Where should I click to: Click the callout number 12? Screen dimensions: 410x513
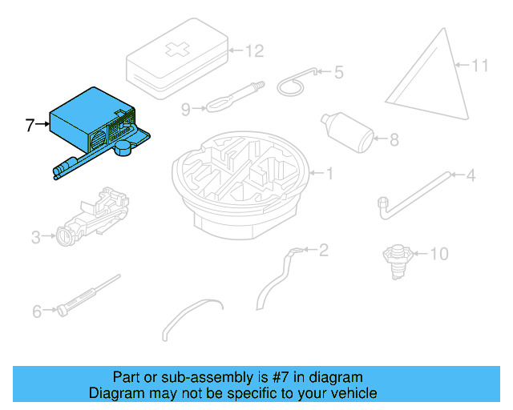click(253, 51)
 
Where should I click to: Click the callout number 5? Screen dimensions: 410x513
click(338, 73)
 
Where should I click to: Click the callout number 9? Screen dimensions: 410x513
click(186, 110)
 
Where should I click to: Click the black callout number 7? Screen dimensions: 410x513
click(30, 125)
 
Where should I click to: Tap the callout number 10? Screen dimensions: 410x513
click(440, 255)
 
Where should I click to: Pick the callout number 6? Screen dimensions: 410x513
click(37, 312)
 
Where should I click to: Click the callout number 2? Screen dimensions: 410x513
click(324, 251)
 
